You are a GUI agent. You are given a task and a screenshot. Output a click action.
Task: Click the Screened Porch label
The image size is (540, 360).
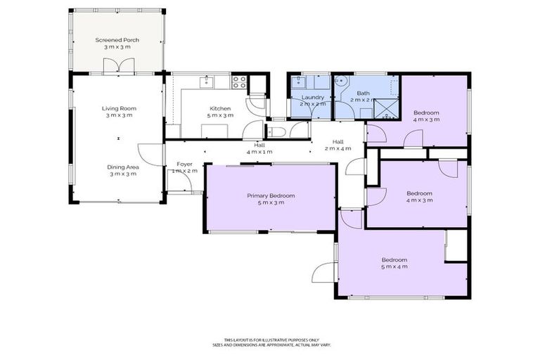pos(117,40)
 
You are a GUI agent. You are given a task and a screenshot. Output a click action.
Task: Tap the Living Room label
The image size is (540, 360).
pos(119,108)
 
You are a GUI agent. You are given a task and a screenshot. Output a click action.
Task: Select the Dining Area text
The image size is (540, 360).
pos(122,167)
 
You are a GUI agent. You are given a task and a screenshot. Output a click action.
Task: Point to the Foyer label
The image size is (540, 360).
pos(184,164)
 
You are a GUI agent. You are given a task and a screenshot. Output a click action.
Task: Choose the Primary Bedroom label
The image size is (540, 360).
pos(271,195)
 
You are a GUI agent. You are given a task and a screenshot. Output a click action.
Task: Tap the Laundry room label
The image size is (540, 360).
pos(312,97)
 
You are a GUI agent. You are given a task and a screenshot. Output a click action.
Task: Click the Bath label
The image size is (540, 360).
pos(363,94)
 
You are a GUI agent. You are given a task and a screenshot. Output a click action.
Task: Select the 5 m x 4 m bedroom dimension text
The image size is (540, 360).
pos(394,266)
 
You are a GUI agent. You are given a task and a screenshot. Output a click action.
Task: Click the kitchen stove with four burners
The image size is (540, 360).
pos(239,81)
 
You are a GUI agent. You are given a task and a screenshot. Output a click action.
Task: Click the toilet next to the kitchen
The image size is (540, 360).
pos(276,131)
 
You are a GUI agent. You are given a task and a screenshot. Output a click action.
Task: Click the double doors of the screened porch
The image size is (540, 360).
pos(117,67)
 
